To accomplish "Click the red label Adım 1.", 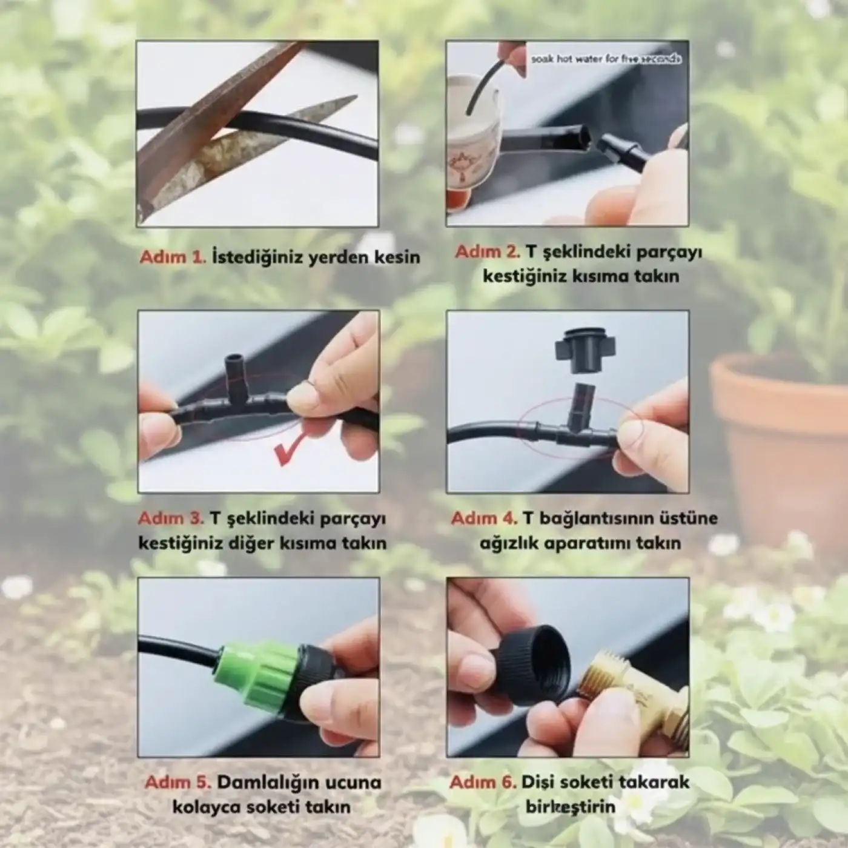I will click(x=173, y=257).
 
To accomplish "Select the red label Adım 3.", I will click(x=171, y=518).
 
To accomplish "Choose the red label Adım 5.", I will click(x=177, y=782).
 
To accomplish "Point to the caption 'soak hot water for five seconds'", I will click(x=606, y=59).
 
